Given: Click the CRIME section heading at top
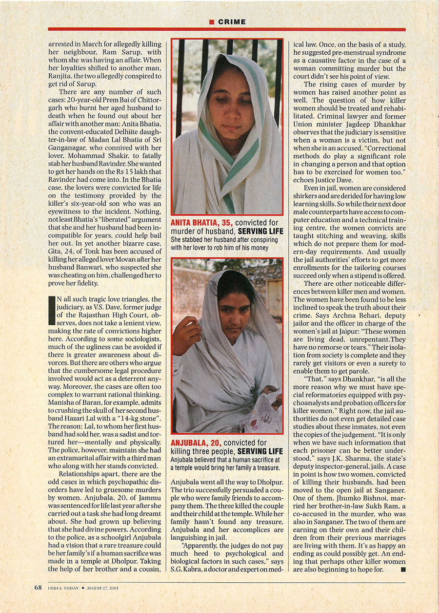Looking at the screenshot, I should click(232, 22).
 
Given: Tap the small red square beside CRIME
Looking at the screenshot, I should click(212, 22).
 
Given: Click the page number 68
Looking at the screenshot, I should click(38, 588).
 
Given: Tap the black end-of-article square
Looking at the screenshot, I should click(402, 570).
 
